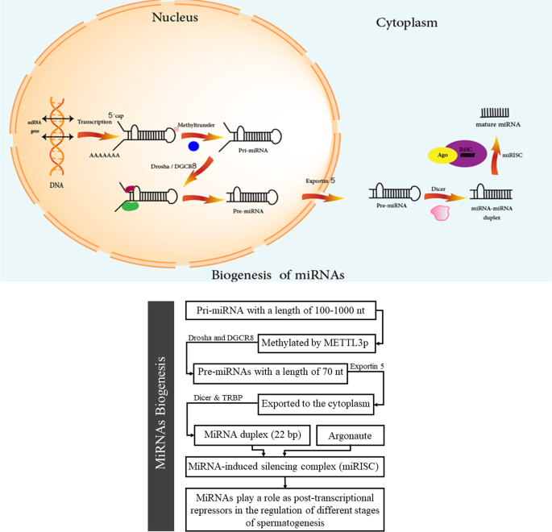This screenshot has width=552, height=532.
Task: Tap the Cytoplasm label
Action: (406, 23)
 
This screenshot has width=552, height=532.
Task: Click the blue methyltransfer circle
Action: (193, 146)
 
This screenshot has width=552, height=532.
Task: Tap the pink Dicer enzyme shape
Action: (440, 213)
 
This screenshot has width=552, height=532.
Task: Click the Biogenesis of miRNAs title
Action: (277, 275)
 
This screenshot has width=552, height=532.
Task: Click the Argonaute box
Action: (349, 435)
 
